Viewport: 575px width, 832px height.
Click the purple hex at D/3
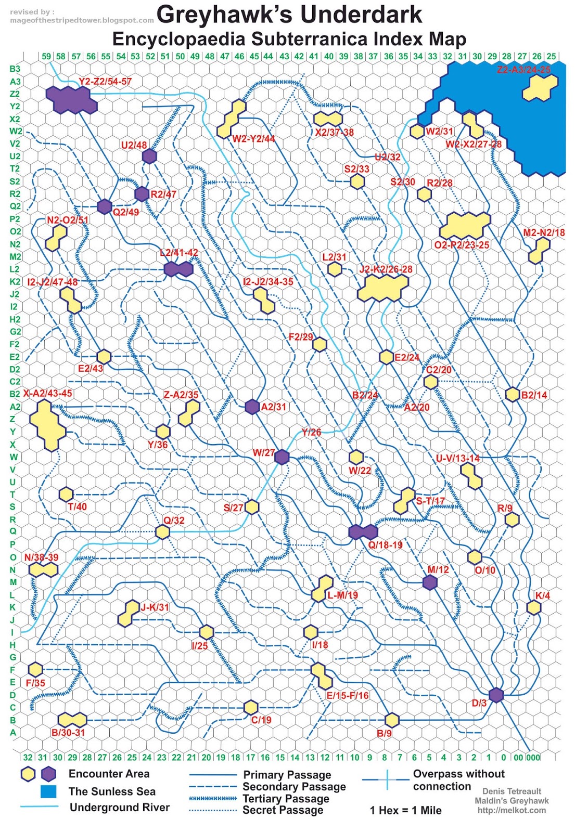tap(496, 695)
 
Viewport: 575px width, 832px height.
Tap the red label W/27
tap(263, 452)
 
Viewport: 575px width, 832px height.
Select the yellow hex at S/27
tap(252, 506)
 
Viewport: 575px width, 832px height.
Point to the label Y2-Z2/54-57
tap(105, 82)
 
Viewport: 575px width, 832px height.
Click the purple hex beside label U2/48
tap(149, 156)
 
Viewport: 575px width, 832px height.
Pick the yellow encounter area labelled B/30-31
tap(72, 720)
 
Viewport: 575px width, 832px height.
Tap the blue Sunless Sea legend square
tap(48, 791)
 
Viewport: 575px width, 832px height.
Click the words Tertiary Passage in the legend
tap(286, 798)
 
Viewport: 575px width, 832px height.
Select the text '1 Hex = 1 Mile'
tap(405, 810)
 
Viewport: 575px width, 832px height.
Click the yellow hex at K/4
tap(533, 607)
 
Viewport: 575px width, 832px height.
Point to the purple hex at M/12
tap(430, 582)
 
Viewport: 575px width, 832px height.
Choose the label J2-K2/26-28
tap(386, 269)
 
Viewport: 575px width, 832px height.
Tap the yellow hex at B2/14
tap(513, 394)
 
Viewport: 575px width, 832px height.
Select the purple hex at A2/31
tap(252, 407)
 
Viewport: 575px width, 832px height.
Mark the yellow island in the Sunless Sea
tap(540, 88)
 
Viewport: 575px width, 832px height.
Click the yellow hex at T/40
tap(66, 494)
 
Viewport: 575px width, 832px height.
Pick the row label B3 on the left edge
tap(15, 69)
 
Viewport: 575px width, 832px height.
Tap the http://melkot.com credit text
tap(512, 810)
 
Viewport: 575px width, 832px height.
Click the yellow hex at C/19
tap(251, 707)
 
